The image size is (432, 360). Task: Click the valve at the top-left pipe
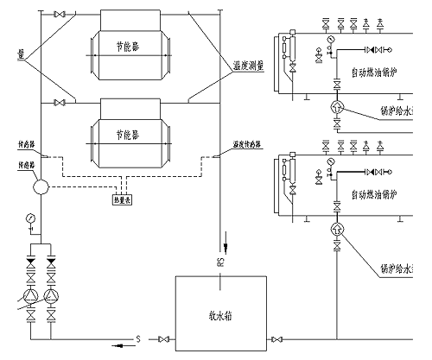pyautogui.click(x=59, y=16)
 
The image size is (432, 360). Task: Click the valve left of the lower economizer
pyautogui.click(x=59, y=103)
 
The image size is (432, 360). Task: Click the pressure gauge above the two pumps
pyautogui.click(x=32, y=218)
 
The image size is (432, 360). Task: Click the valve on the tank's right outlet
pyautogui.click(x=276, y=339)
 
